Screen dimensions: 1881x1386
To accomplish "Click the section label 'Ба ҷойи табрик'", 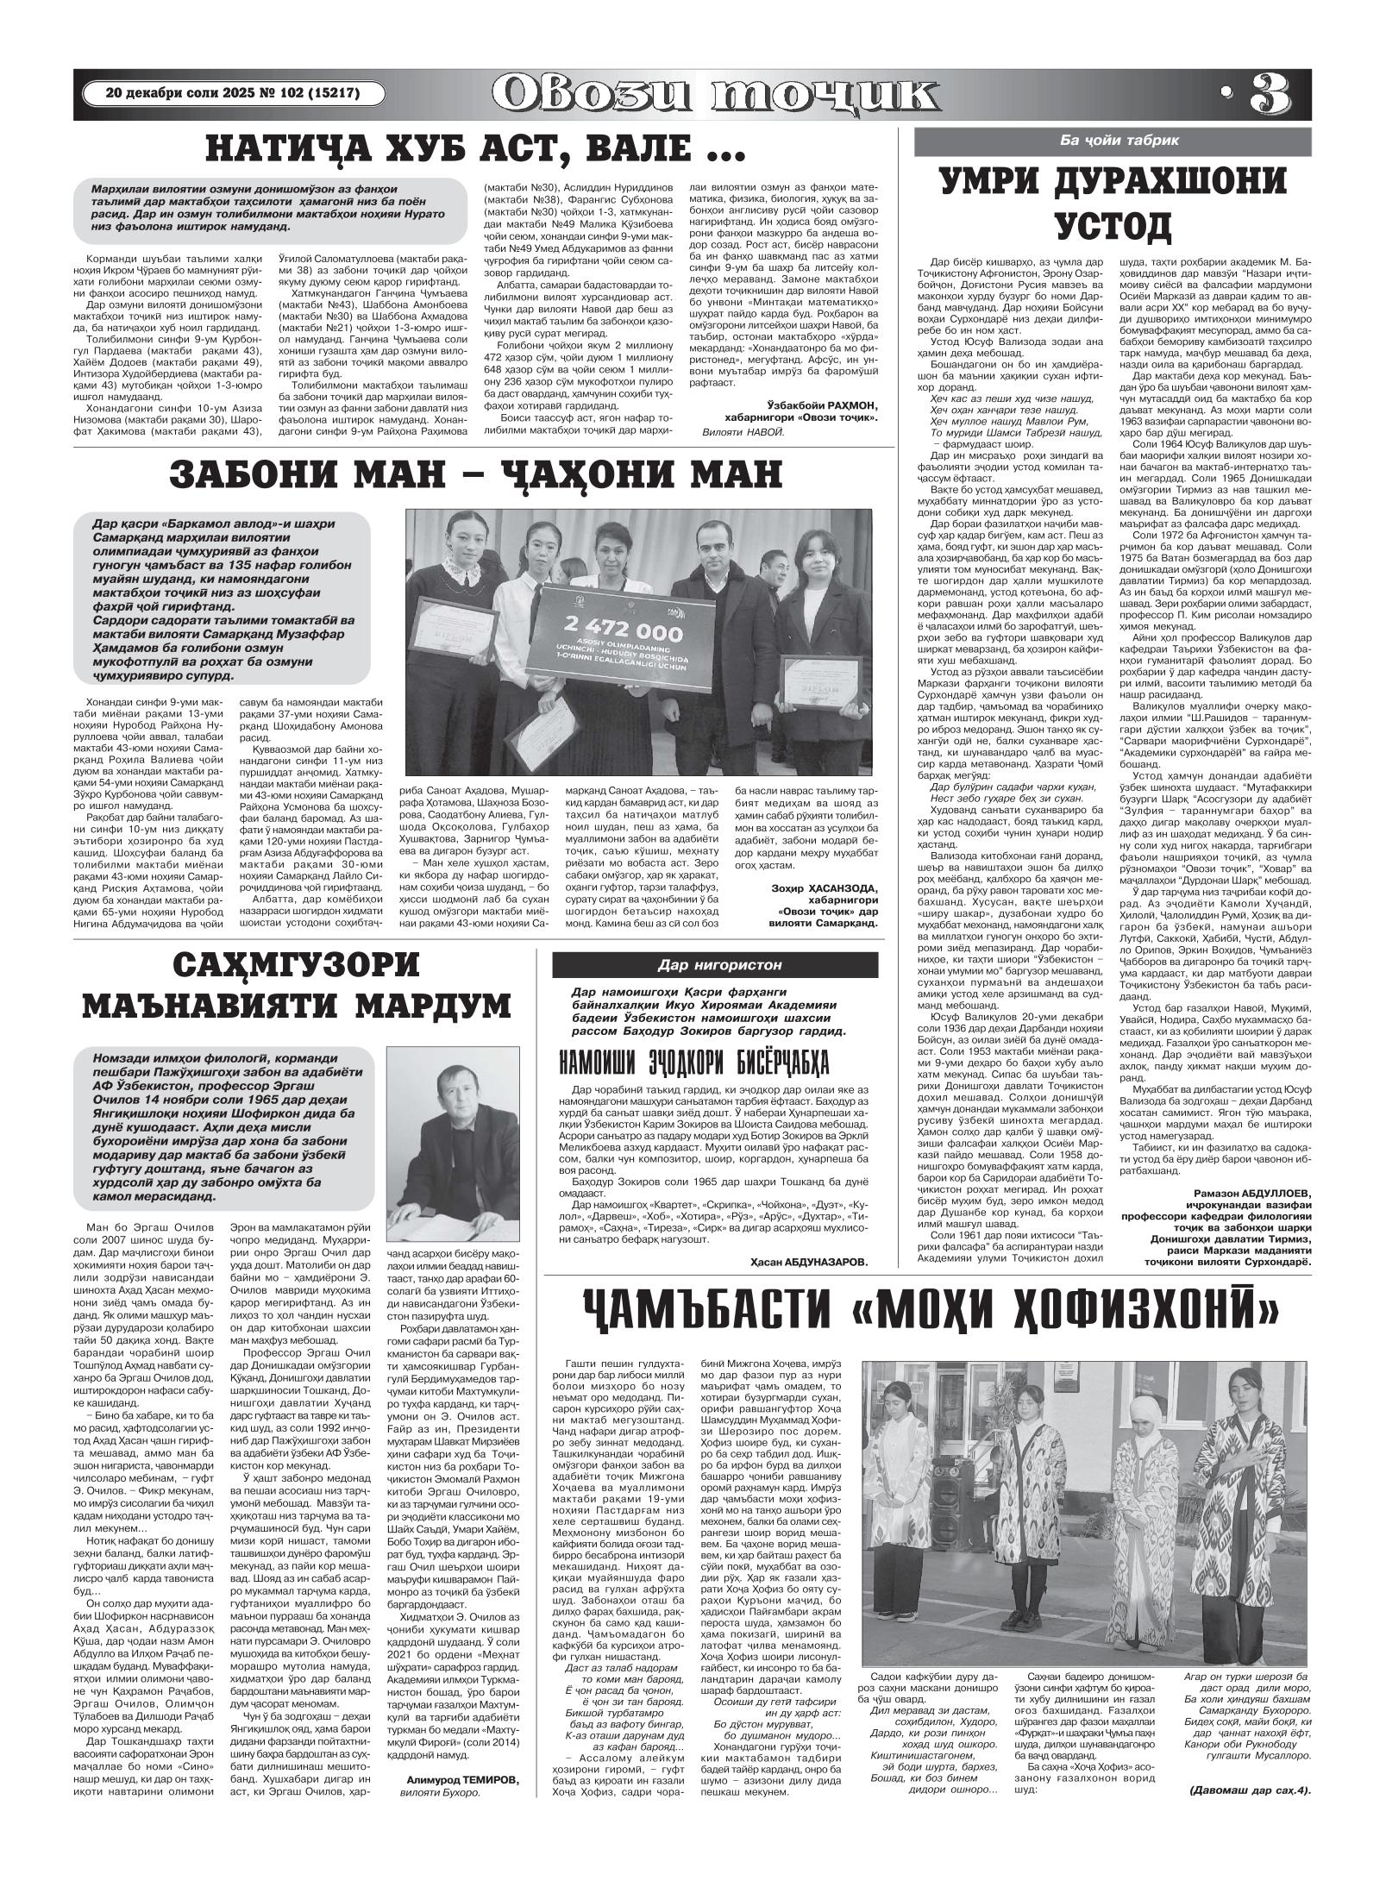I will click(x=1119, y=140).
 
